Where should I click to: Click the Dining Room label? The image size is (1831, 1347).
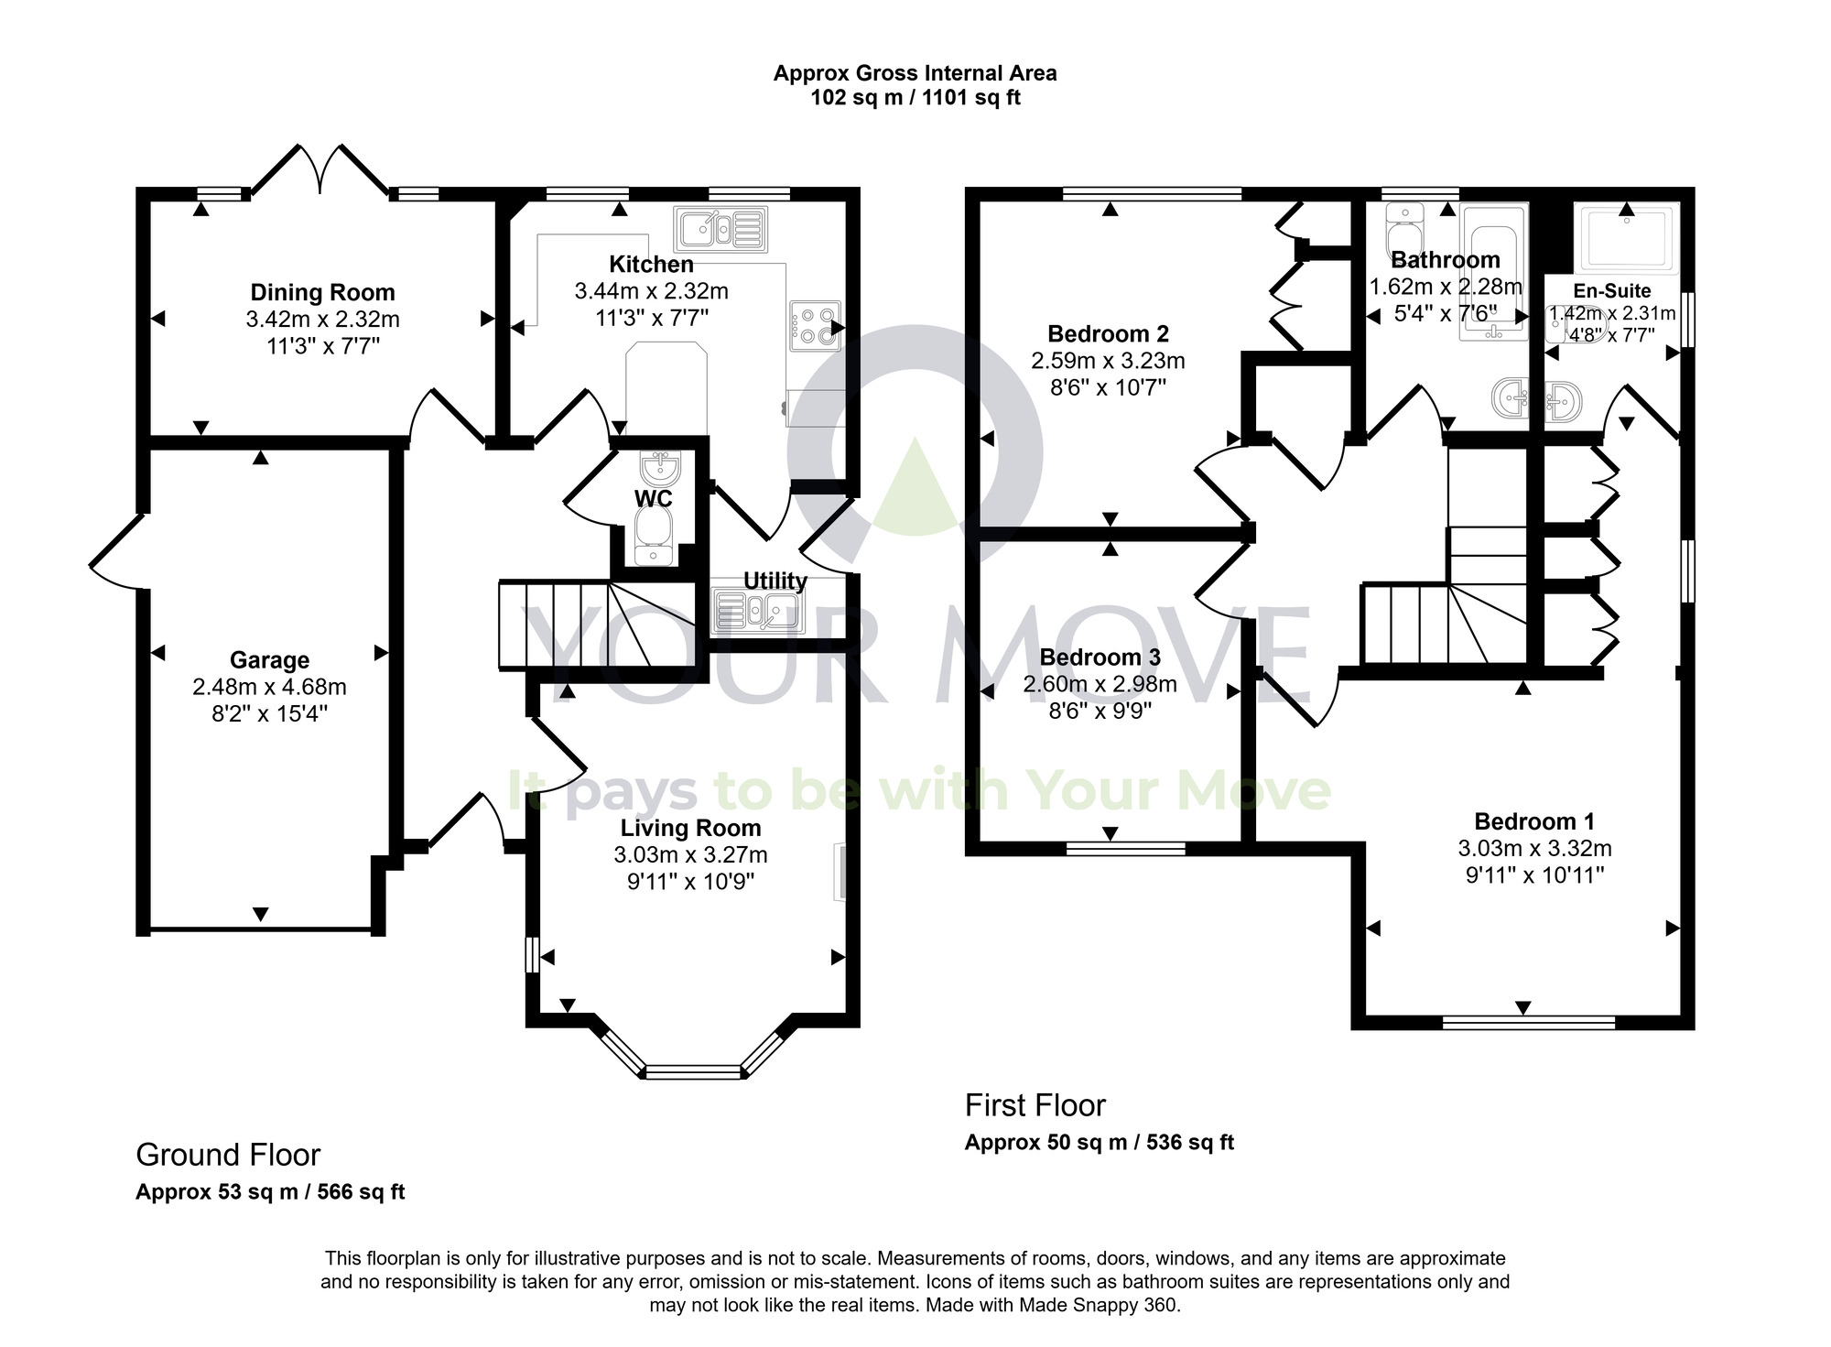[322, 293]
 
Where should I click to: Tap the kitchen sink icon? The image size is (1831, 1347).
[720, 228]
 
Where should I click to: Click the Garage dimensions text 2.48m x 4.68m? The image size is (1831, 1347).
[269, 687]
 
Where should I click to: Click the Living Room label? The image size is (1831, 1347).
[690, 829]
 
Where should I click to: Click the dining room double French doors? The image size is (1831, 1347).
[320, 169]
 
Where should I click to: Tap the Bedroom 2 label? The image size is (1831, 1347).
[1108, 334]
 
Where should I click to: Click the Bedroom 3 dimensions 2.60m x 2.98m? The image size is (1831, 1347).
[1100, 684]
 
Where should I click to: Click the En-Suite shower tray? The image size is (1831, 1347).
[1626, 238]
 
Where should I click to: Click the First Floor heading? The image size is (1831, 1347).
[1035, 1105]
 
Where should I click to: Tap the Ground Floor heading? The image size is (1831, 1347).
[228, 1155]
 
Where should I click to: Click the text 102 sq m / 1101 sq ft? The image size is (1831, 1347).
[915, 98]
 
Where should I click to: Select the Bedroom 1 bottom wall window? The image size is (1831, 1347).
[1528, 1022]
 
